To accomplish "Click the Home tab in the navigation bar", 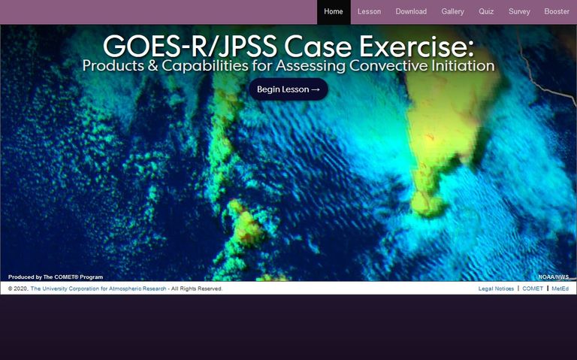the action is coord(334,12).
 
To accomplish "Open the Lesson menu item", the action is coord(369,12).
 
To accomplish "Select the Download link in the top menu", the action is coord(411,12).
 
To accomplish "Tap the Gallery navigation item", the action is coord(452,12).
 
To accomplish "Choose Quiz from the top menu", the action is coord(486,12).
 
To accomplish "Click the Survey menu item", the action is coord(519,12).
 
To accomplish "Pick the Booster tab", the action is coord(557,12).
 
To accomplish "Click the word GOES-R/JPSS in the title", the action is coord(190,47).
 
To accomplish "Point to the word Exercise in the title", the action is coord(416,47).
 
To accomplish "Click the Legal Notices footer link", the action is coord(496,289).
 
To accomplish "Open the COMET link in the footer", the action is coord(533,289).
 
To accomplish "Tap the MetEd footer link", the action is coord(560,289).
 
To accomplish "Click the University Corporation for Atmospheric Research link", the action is coord(98,289).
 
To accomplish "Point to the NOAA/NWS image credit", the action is coord(554,277).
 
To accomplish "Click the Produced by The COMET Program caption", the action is coord(56,277).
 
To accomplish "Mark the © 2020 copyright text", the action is coord(18,289).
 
